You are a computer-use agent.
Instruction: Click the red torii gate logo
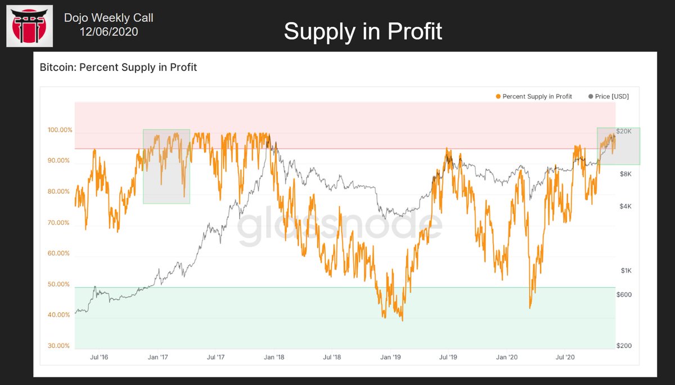pyautogui.click(x=29, y=26)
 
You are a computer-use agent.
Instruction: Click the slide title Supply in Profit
pyautogui.click(x=363, y=31)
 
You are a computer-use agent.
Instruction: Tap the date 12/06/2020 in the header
pyautogui.click(x=109, y=32)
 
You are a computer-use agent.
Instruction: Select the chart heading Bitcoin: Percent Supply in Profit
pyautogui.click(x=118, y=68)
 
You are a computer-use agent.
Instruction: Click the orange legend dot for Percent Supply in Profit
pyautogui.click(x=498, y=97)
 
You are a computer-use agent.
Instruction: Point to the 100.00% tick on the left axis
pyautogui.click(x=60, y=130)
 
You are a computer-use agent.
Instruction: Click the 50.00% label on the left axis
pyautogui.click(x=60, y=284)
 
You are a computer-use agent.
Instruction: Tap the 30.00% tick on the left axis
pyautogui.click(x=60, y=346)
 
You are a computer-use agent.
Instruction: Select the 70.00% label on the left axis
pyautogui.click(x=60, y=222)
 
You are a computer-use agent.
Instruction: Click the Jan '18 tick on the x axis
pyautogui.click(x=274, y=357)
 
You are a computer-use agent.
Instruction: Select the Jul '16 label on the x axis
pyautogui.click(x=98, y=357)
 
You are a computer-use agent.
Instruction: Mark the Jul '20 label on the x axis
pyautogui.click(x=565, y=357)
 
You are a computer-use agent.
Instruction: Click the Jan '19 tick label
pyautogui.click(x=390, y=357)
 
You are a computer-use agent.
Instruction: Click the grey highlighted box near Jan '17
pyautogui.click(x=166, y=167)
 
